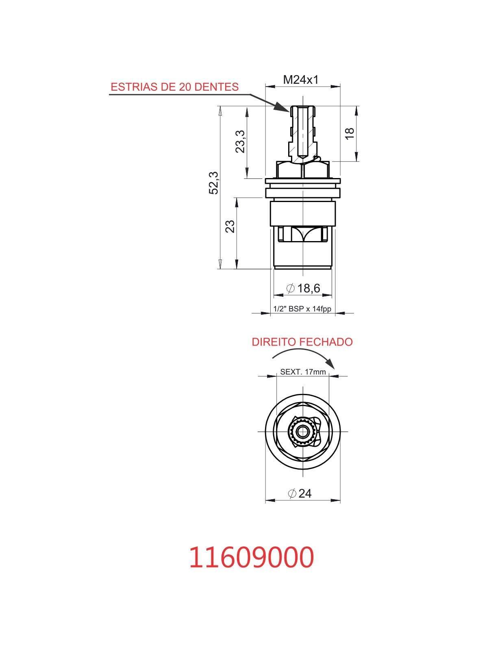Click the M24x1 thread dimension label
tap(300, 80)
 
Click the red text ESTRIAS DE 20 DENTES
tap(174, 87)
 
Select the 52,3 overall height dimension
tap(214, 183)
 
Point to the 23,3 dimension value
tap(241, 141)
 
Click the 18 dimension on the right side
tap(350, 133)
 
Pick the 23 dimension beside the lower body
tap(230, 226)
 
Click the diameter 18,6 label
tap(304, 288)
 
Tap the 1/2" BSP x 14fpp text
tap(302, 309)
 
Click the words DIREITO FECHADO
tap(302, 342)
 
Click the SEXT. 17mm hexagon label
tap(303, 372)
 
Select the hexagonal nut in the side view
tap(302, 170)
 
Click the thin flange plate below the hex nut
tap(302, 181)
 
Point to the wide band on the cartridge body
tap(302, 213)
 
